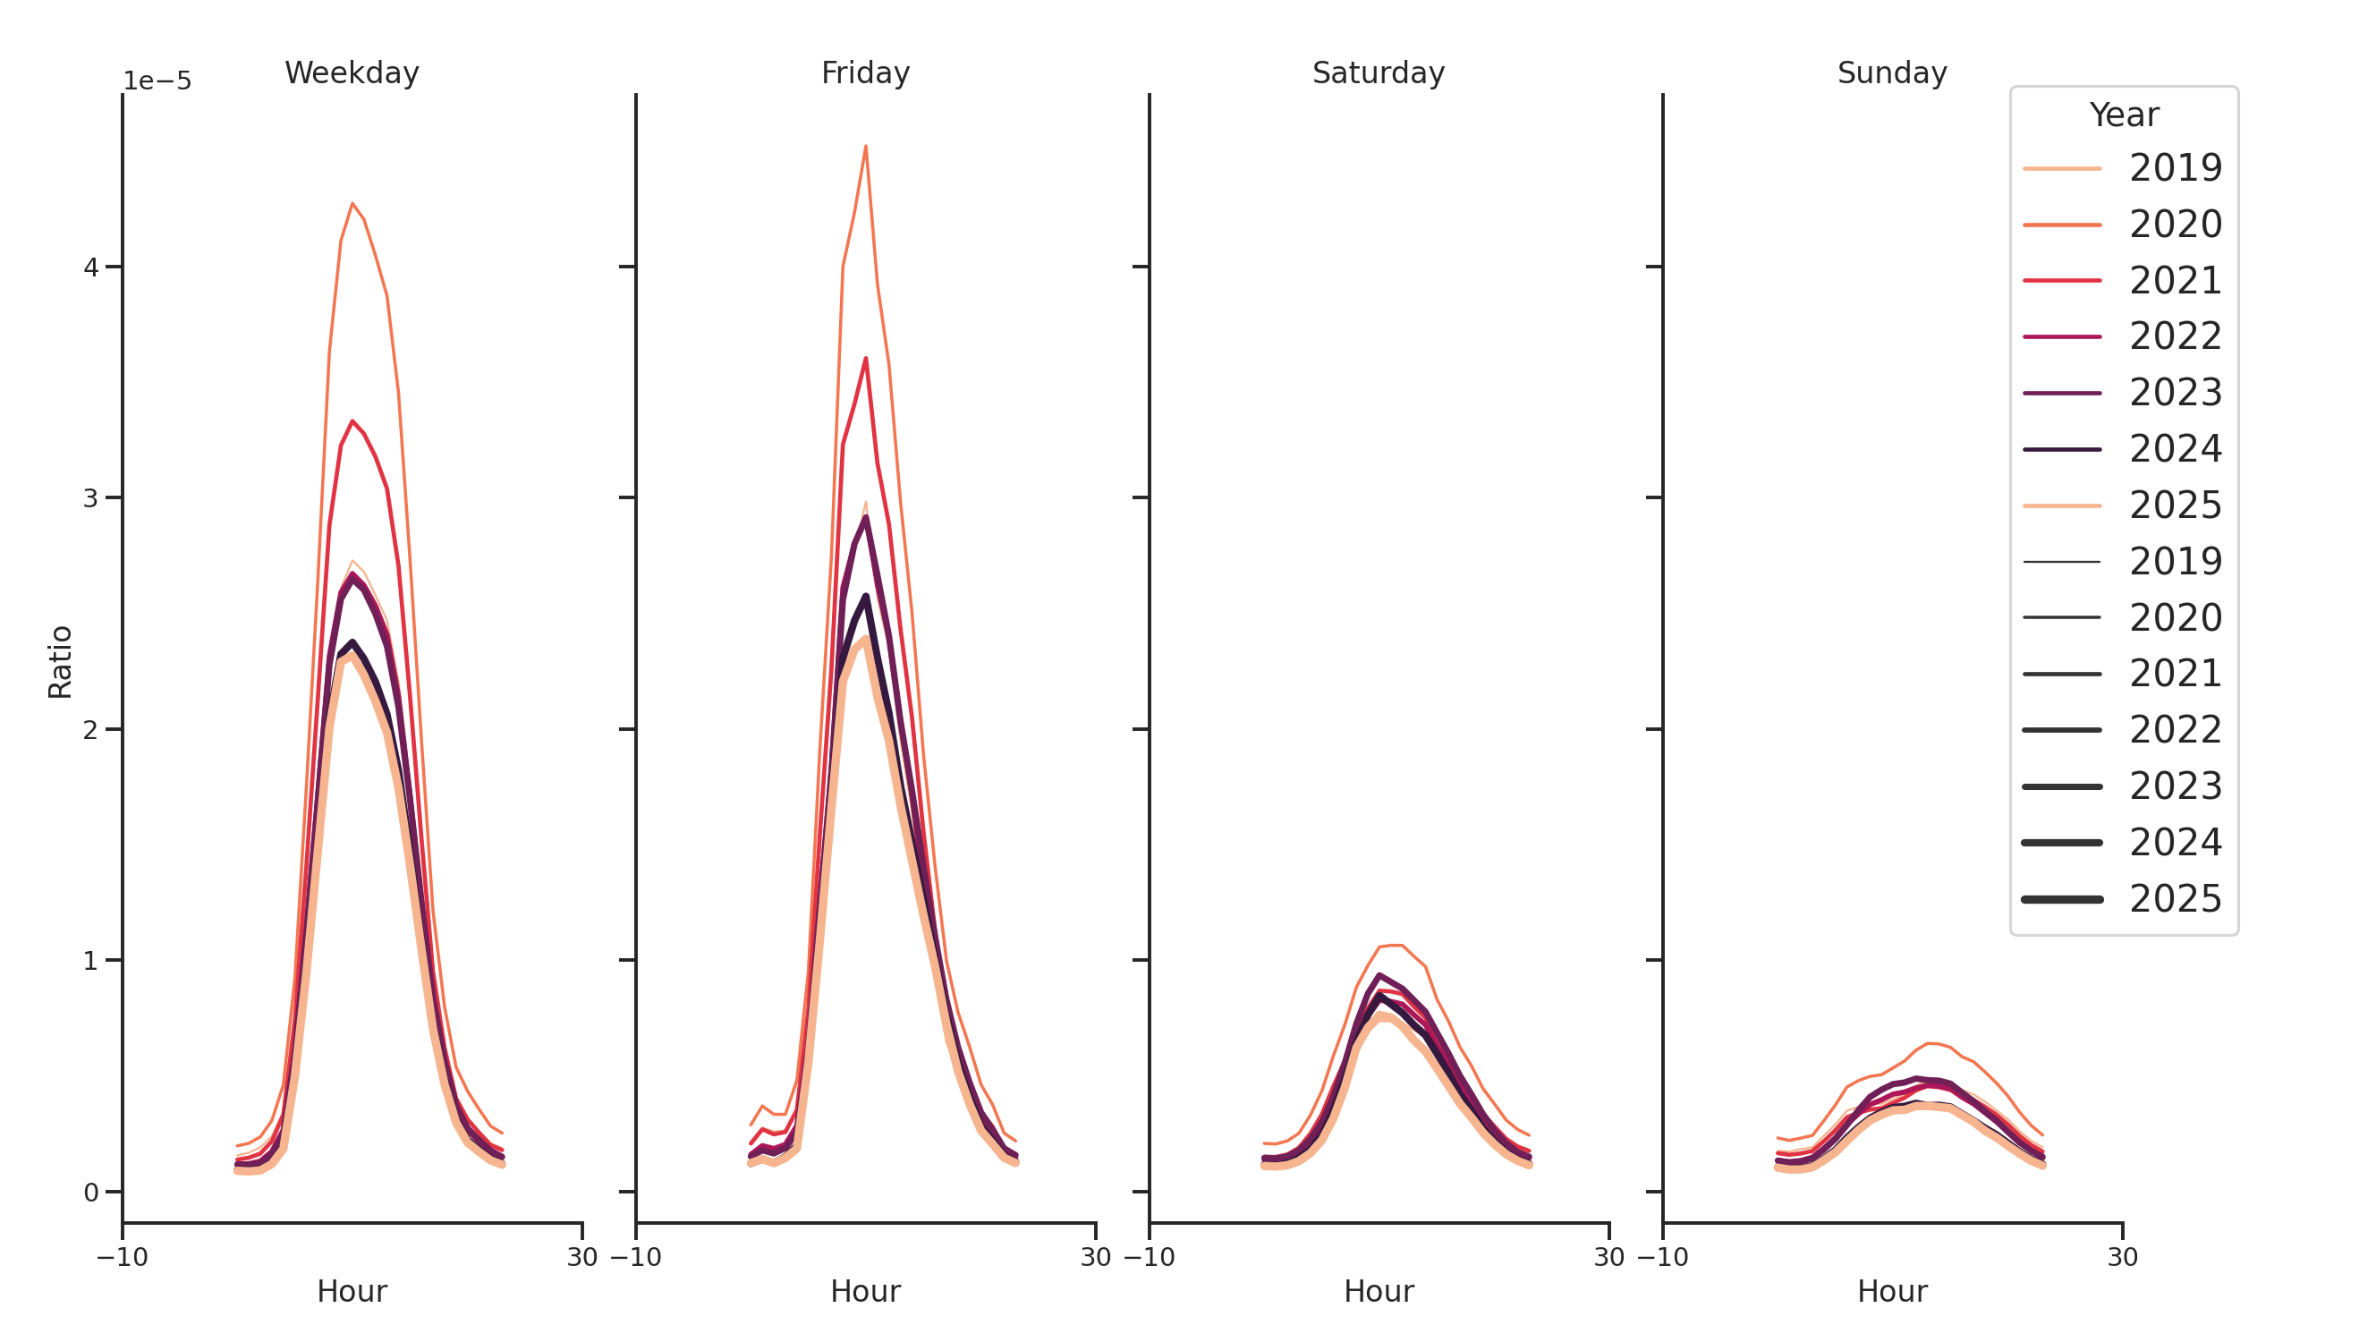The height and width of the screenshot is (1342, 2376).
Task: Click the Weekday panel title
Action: pos(352,72)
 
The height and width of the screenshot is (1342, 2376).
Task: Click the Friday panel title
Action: pos(864,72)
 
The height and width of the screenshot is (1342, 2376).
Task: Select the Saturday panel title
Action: pos(1377,72)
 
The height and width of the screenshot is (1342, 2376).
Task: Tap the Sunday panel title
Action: pos(1891,72)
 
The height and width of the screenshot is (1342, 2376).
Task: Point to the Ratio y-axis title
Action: pos(60,661)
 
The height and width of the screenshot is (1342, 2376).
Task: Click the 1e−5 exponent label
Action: pos(157,81)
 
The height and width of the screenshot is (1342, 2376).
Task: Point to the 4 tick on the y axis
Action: pos(90,268)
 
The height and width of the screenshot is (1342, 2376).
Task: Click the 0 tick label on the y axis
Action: pos(90,1193)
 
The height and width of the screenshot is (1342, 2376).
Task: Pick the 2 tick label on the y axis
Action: pos(90,730)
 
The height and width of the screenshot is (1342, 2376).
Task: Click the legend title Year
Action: pos(2122,115)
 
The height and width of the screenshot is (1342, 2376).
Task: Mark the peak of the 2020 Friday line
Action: pos(865,146)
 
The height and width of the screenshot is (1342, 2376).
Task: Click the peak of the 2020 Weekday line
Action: pos(352,203)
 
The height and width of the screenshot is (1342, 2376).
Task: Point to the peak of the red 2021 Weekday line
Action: pos(352,420)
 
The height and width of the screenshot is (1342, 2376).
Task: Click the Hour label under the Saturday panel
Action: pos(1378,1291)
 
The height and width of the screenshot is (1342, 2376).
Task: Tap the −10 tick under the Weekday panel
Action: pos(122,1257)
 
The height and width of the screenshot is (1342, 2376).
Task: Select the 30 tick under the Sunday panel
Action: pos(2121,1257)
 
